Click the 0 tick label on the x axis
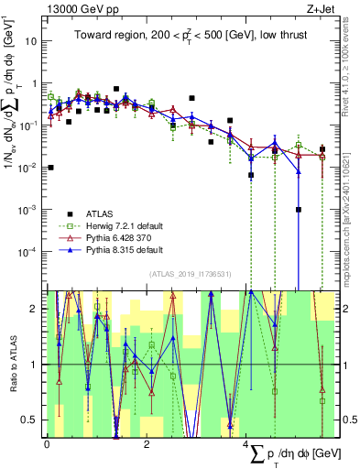pos(48,444)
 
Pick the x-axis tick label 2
pos(147,444)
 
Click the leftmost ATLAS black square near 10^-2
pos(50,168)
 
